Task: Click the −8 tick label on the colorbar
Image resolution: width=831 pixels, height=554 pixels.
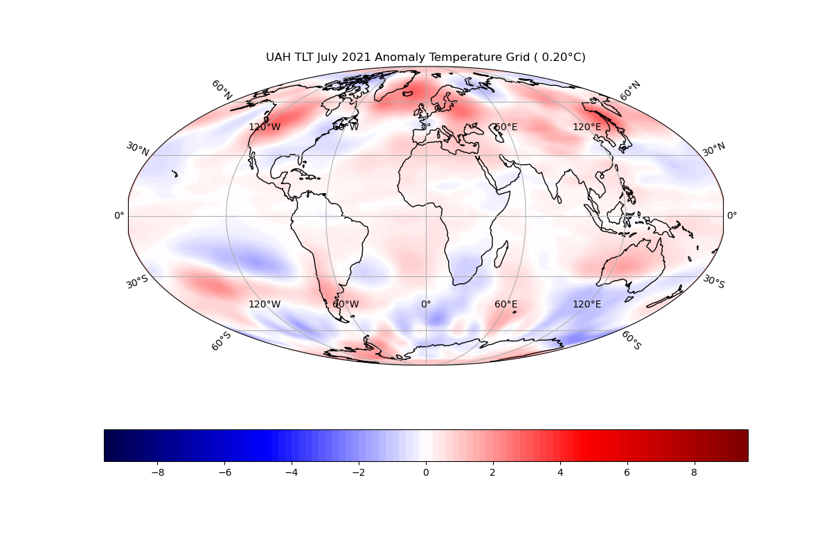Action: click(x=157, y=473)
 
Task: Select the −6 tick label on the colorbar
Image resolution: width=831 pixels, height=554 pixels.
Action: click(x=224, y=473)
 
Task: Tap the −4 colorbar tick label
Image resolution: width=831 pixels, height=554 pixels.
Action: click(x=292, y=473)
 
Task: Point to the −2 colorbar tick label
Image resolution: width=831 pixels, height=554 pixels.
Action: click(x=359, y=473)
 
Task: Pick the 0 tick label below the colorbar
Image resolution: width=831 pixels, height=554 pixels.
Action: click(x=426, y=473)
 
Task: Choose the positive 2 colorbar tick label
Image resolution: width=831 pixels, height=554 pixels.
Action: click(x=493, y=473)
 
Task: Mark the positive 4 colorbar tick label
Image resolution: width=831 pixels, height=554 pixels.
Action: click(x=560, y=473)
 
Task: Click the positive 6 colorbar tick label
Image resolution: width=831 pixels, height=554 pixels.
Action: click(x=627, y=473)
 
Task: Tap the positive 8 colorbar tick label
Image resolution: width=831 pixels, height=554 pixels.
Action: click(x=694, y=473)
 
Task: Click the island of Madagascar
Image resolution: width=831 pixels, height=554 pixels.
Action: click(x=501, y=255)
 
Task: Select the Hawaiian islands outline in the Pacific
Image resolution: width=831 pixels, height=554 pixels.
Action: click(x=175, y=174)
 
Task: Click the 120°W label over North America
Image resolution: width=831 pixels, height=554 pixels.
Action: click(x=265, y=127)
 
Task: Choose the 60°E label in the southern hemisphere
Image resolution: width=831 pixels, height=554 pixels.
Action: click(x=506, y=305)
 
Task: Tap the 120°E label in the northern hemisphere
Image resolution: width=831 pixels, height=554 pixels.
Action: click(x=587, y=127)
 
